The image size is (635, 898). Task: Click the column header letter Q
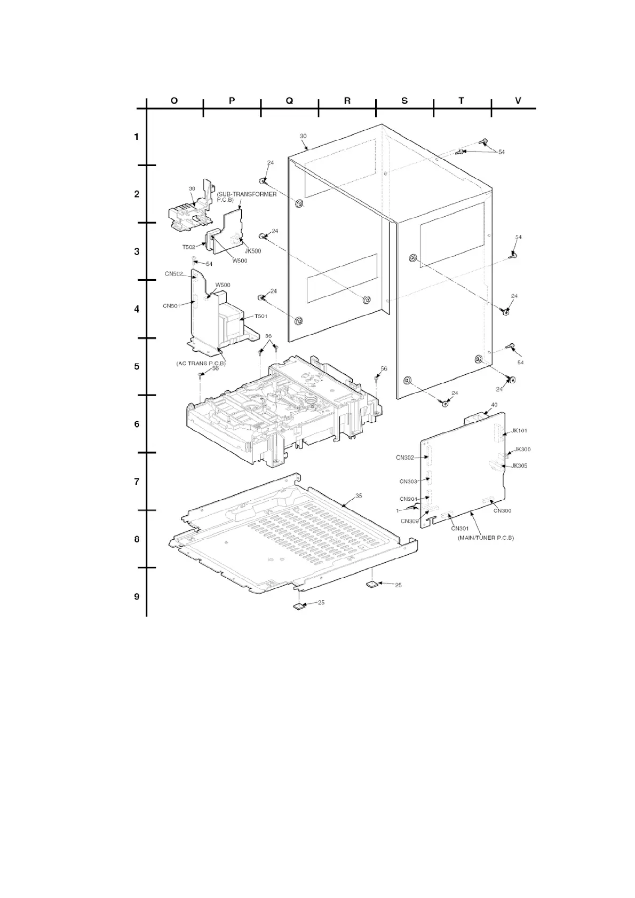click(289, 100)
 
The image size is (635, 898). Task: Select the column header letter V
click(518, 100)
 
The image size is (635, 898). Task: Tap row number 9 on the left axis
click(137, 596)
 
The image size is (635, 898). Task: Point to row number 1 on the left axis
click(137, 137)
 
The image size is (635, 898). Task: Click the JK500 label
click(252, 251)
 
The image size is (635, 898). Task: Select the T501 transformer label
click(260, 316)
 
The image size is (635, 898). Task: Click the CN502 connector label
click(174, 274)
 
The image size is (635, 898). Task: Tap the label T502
click(189, 247)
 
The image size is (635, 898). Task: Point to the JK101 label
click(519, 430)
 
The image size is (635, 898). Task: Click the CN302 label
click(405, 458)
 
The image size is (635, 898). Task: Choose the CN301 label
click(459, 529)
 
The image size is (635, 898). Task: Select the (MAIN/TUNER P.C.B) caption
click(486, 538)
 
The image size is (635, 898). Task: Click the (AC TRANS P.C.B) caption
click(201, 364)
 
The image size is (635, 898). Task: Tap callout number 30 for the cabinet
click(303, 136)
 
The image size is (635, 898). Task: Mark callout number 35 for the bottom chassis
click(359, 496)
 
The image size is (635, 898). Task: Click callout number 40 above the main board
click(494, 405)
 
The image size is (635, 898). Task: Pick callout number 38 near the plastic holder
click(192, 188)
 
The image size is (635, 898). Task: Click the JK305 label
click(519, 466)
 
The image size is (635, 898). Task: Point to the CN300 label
click(502, 511)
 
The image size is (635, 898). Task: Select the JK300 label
click(522, 450)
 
